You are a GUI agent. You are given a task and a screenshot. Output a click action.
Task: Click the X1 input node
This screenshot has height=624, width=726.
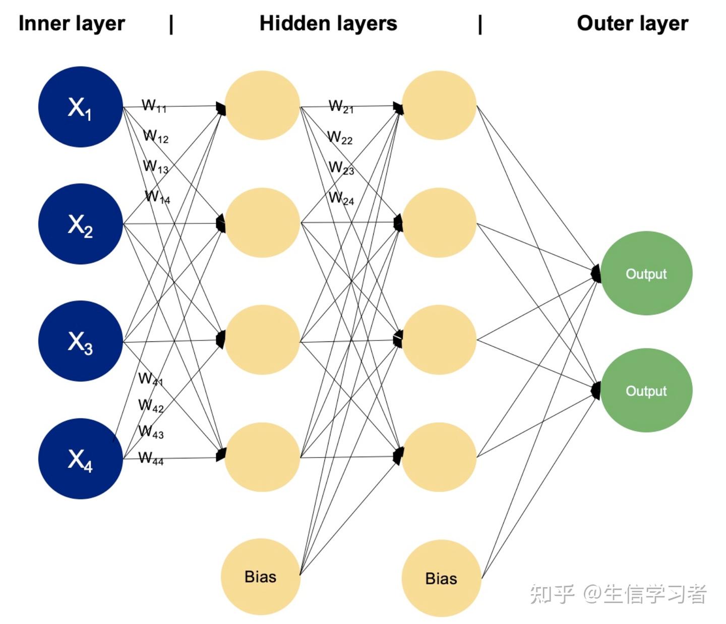[81, 107]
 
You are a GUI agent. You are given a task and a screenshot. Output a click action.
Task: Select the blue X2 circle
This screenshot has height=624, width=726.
[81, 224]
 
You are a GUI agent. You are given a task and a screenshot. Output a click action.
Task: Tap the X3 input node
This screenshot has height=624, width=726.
[81, 341]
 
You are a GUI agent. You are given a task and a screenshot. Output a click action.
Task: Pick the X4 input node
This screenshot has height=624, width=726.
[81, 459]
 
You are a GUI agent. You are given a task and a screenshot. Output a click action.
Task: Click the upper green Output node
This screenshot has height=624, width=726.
[646, 273]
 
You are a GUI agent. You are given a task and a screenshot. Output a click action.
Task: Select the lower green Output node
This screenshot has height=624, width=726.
[646, 390]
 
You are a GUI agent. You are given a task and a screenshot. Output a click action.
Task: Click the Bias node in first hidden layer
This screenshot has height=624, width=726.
[261, 577]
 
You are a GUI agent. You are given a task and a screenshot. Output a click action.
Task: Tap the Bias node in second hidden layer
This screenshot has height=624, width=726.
[441, 578]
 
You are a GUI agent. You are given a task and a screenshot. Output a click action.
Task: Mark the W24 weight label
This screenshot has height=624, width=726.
[342, 198]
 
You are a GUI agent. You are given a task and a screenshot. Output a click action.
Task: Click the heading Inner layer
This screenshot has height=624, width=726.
[72, 24]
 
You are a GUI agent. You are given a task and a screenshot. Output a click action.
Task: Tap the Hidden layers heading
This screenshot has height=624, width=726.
[328, 24]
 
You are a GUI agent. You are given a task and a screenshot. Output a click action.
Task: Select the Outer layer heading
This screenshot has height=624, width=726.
[632, 24]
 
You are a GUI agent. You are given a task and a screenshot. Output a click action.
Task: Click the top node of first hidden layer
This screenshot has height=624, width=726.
[262, 105]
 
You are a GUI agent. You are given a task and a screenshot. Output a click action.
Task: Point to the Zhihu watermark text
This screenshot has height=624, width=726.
[618, 594]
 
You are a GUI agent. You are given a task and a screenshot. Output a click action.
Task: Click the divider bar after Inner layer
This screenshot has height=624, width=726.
[171, 24]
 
